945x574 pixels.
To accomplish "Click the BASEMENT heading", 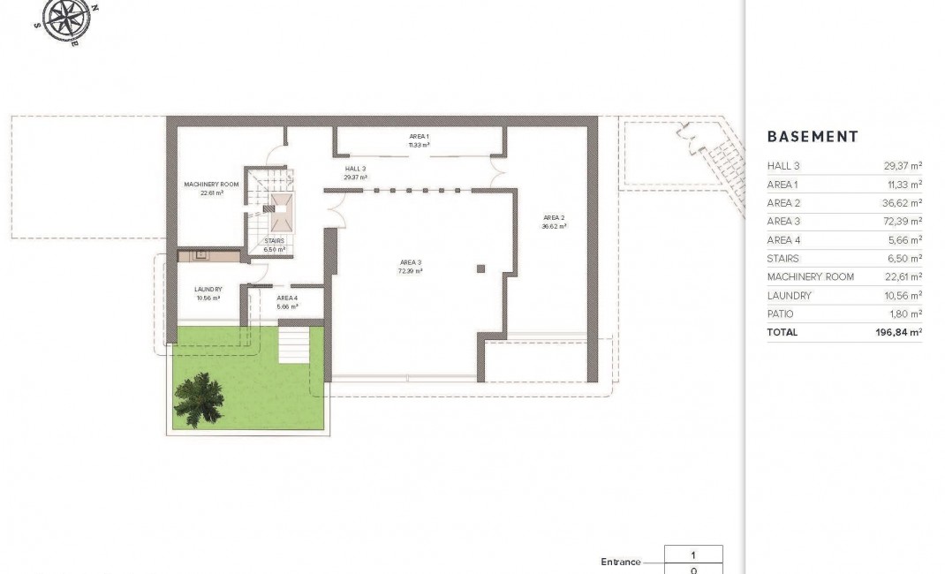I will (812, 137).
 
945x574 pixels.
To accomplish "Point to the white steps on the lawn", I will (295, 344).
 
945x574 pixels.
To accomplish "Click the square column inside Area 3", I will (480, 268).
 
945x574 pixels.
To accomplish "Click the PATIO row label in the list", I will (781, 313).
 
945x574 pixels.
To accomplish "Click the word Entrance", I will (620, 562).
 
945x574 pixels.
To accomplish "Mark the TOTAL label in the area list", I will (782, 332).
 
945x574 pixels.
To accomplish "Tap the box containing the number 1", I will (693, 555).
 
